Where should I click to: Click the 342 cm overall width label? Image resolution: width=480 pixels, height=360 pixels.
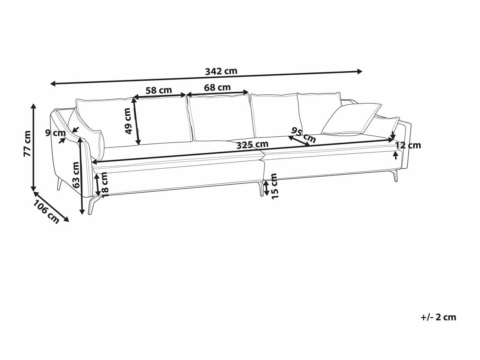[221, 71]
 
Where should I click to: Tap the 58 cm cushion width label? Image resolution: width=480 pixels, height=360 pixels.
[159, 90]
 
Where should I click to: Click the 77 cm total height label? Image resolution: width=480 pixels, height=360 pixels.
[27, 144]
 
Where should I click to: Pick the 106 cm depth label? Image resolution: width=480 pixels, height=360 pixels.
[46, 212]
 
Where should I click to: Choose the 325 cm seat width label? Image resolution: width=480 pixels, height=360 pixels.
[252, 145]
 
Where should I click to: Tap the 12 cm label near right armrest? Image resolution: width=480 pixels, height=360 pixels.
[408, 145]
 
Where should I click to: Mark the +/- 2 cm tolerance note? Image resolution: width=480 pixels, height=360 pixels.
[438, 317]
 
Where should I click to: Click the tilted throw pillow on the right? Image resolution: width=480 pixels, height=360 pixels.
[351, 119]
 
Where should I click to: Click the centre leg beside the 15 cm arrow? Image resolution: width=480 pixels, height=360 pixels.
[261, 189]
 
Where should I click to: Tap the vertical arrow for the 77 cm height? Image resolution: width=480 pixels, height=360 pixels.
[34, 146]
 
